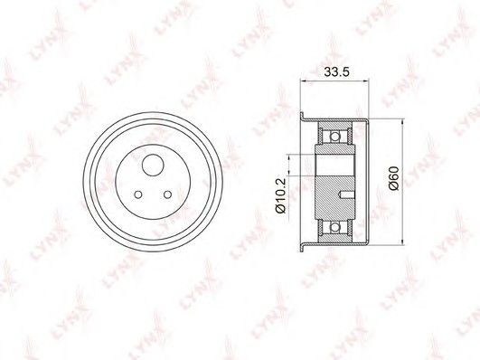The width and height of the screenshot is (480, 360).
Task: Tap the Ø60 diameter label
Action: point(394,178)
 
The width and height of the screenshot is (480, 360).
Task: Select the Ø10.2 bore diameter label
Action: point(280,195)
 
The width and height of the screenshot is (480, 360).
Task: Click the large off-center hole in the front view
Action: point(153,166)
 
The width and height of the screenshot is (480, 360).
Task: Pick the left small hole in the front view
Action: point(138,194)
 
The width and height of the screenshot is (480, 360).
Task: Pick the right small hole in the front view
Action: point(167,194)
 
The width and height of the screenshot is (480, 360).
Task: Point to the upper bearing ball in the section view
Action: point(335,136)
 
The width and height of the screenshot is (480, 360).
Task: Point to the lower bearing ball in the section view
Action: point(335,227)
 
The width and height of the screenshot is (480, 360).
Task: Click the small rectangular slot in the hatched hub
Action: point(346,194)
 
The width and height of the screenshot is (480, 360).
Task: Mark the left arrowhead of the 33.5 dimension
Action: point(304,81)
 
